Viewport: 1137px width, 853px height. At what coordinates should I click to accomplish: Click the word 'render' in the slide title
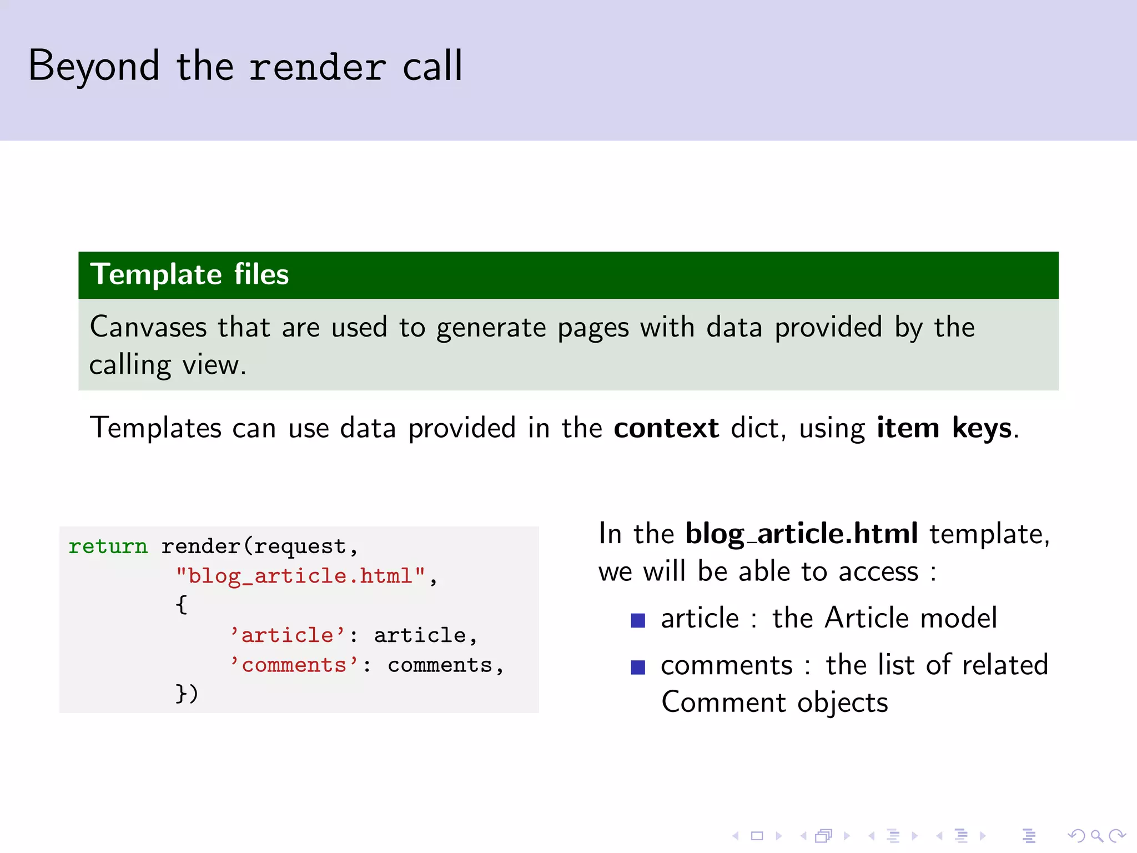[x=317, y=67]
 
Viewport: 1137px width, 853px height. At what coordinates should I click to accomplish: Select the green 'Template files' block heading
[x=190, y=274]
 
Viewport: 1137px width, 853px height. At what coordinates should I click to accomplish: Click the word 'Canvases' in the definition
[x=148, y=327]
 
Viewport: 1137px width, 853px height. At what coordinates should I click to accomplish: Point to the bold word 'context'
[x=666, y=428]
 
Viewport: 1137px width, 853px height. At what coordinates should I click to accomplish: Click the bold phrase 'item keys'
[x=944, y=428]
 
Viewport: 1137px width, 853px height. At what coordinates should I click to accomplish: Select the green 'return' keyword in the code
[x=108, y=546]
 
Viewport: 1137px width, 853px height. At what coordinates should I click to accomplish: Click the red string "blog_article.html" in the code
[x=301, y=576]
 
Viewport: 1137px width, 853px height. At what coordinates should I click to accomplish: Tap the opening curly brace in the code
[x=181, y=605]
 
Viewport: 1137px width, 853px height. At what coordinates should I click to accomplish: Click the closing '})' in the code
[x=187, y=694]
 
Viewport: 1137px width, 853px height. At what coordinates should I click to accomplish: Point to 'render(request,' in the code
[x=259, y=546]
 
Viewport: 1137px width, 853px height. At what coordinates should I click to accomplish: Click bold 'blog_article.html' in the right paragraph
[x=801, y=534]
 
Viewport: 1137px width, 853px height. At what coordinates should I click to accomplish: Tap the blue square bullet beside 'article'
[x=638, y=620]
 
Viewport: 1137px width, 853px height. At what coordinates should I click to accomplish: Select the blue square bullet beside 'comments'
[x=638, y=666]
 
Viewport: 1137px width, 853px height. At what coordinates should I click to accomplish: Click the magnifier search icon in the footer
[x=1096, y=836]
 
